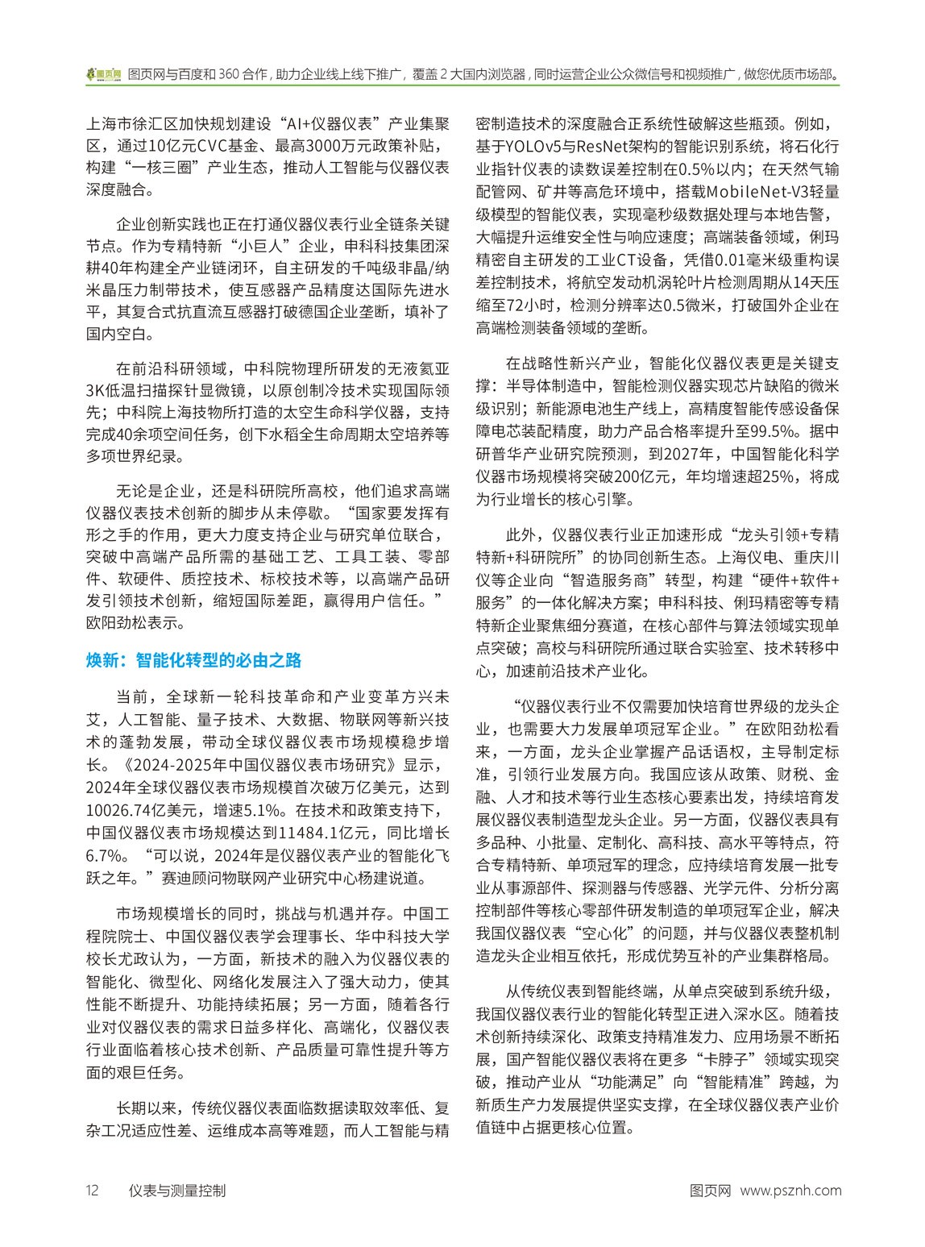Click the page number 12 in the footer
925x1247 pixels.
(x=91, y=1190)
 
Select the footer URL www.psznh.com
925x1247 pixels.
(x=790, y=1190)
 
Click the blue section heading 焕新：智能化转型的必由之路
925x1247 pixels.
(x=193, y=660)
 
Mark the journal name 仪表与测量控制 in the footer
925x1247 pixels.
(x=176, y=1190)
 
